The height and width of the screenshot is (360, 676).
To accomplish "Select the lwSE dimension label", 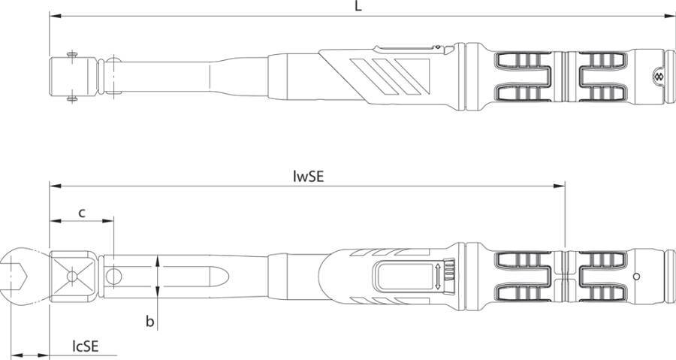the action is [308, 177].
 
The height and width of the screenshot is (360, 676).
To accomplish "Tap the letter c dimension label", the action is [81, 213].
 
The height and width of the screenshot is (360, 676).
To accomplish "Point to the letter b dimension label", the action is [149, 321].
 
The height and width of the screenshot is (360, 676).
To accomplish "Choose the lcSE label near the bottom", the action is [86, 346].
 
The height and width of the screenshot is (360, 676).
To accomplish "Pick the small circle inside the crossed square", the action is [71, 276].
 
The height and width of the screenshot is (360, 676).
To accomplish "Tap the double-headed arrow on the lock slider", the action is [438, 277].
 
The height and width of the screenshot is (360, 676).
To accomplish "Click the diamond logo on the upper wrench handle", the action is [658, 77].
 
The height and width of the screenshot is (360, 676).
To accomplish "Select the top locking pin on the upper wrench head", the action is [72, 55].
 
